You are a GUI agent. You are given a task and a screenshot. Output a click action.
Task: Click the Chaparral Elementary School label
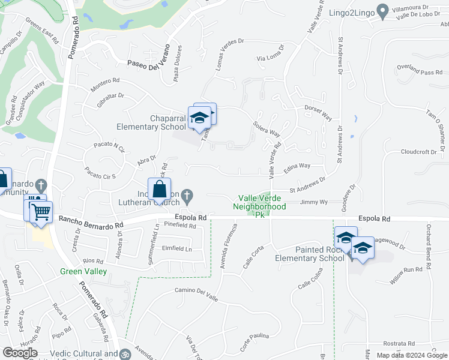click(x=151, y=122)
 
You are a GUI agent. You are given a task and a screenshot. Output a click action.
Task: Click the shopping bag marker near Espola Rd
click(x=160, y=190)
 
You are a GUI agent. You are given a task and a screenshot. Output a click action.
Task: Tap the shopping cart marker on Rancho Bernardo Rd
click(x=41, y=211)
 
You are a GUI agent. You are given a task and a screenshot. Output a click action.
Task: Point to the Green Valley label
click(x=83, y=272)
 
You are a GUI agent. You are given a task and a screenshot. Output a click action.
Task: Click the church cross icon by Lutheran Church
click(x=187, y=194)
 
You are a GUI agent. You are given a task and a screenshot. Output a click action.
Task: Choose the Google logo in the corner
click(x=20, y=353)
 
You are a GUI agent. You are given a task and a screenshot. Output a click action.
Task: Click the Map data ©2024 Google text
click(x=411, y=355)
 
